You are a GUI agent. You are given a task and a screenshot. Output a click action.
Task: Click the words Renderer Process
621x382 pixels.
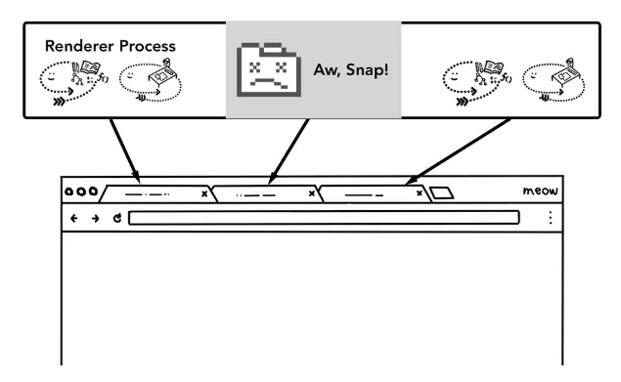(111, 46)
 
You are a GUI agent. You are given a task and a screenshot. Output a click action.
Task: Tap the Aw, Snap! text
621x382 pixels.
(351, 70)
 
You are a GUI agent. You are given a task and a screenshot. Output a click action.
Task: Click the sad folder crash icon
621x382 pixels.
(269, 69)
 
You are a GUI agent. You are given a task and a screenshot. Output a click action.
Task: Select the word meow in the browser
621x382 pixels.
(540, 191)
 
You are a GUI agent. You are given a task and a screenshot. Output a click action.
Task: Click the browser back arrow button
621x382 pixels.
(74, 218)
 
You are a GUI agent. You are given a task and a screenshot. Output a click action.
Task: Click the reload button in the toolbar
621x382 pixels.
(117, 218)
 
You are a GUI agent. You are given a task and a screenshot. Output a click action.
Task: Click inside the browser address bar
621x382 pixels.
(324, 218)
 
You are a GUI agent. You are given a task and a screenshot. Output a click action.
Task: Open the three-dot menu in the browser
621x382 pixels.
(551, 218)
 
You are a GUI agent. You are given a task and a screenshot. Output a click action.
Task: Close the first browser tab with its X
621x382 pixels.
(204, 193)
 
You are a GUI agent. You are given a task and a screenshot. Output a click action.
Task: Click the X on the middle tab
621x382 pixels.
(312, 193)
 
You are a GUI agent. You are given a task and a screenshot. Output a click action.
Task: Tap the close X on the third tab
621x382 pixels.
(420, 193)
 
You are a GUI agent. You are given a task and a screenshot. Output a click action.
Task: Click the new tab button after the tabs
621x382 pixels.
(442, 192)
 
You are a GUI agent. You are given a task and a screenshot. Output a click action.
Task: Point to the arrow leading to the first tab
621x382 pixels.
(125, 150)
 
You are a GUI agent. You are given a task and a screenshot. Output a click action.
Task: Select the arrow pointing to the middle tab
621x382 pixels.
(288, 151)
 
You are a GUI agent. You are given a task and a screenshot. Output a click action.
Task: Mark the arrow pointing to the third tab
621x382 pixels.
(458, 151)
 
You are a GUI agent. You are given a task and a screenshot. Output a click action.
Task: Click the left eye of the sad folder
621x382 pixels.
(254, 67)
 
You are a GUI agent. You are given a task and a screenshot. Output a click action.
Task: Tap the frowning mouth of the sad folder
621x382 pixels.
(269, 83)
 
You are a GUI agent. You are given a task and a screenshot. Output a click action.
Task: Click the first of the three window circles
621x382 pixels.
(68, 191)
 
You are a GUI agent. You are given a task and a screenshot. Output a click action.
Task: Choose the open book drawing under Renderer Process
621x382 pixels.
(90, 67)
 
